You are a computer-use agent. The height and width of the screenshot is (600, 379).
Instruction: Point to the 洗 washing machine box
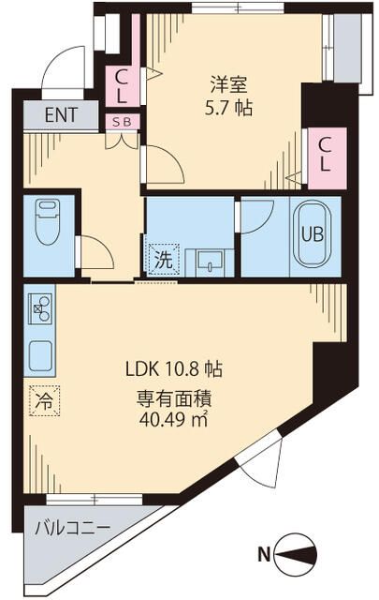[162, 257]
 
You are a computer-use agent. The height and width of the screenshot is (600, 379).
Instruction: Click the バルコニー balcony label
[73, 527]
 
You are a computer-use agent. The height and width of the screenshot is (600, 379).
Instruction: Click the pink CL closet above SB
[123, 86]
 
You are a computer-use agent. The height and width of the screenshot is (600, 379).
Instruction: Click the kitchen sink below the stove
[41, 355]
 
